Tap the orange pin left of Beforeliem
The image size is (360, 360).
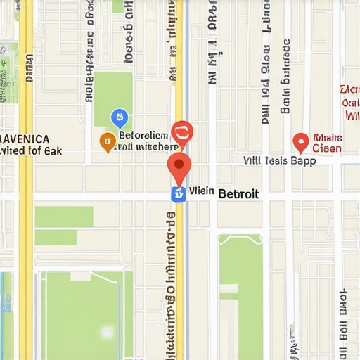point(108,141)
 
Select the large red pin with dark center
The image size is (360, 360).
point(179,167)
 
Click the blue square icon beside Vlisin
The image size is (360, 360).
point(179,194)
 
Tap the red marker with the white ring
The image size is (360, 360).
point(182,132)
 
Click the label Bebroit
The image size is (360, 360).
point(238,193)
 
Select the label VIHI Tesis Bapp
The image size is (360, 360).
point(279,160)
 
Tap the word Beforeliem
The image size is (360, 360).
point(143,135)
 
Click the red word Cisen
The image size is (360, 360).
point(327,148)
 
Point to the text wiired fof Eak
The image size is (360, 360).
point(31,150)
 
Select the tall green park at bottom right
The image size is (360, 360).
point(240,295)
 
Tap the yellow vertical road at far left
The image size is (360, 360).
point(25,211)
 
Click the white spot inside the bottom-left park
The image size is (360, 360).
point(106,331)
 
